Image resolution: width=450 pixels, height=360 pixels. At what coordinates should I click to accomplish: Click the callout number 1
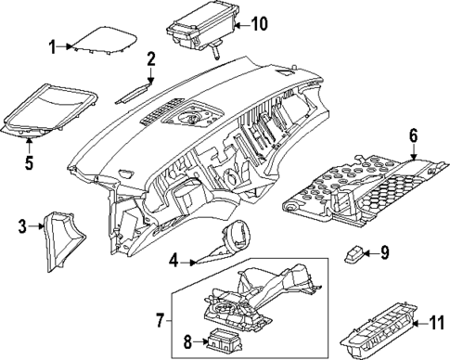[x=53, y=44]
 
